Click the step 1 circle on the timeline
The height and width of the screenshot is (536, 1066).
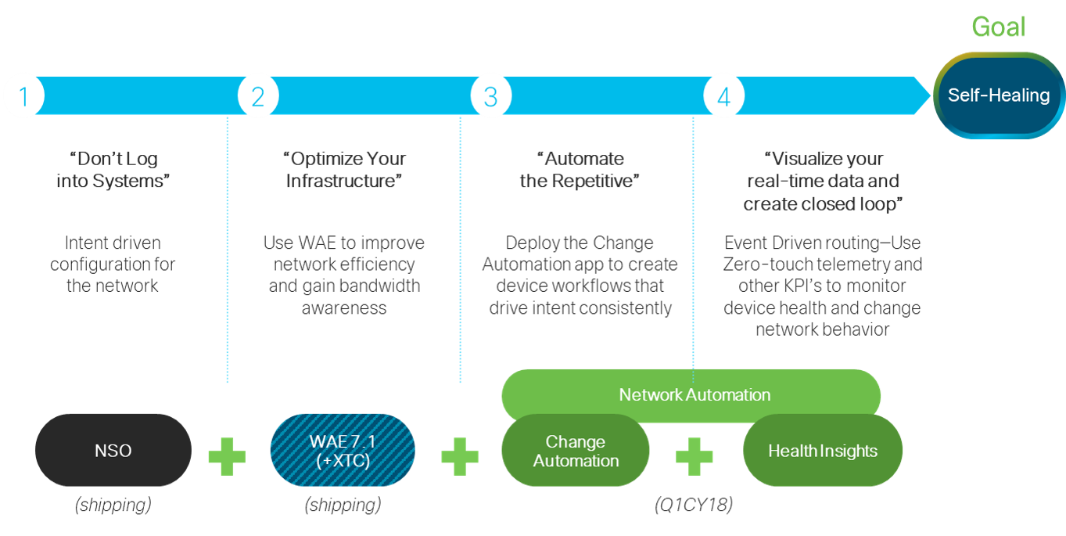click(x=23, y=96)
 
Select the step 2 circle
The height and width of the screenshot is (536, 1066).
click(x=257, y=96)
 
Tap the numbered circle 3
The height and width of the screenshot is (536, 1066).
click(x=490, y=96)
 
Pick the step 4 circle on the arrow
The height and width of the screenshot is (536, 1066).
click(x=723, y=96)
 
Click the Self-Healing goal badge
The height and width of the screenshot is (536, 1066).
click(x=998, y=95)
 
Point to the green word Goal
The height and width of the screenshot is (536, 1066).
click(x=998, y=28)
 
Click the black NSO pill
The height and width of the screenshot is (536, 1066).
click(x=113, y=451)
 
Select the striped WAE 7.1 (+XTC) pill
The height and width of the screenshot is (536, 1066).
click(x=343, y=451)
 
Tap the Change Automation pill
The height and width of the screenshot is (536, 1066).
click(x=576, y=451)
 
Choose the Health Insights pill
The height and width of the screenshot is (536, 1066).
click(x=823, y=451)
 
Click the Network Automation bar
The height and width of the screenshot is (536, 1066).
click(x=694, y=394)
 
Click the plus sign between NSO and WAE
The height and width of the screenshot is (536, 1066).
click(x=227, y=456)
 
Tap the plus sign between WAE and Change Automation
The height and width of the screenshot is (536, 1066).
click(x=460, y=456)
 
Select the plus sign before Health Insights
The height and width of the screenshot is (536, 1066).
click(x=694, y=456)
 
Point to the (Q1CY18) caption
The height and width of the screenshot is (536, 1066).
click(x=694, y=505)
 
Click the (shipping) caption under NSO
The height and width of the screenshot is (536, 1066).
click(x=113, y=505)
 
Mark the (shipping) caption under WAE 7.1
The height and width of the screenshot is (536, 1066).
click(x=343, y=505)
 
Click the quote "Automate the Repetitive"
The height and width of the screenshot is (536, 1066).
click(x=580, y=170)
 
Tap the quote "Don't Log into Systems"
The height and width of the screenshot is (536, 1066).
click(x=113, y=170)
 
